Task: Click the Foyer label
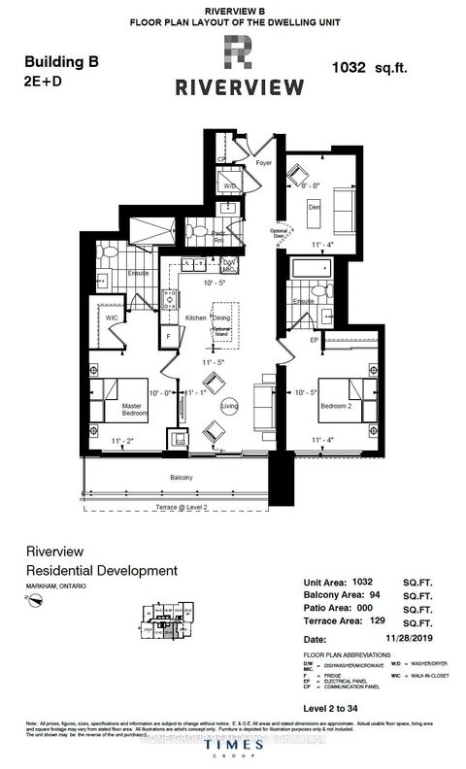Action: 263,163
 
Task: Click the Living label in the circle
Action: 229,406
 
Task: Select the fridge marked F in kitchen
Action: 169,336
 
